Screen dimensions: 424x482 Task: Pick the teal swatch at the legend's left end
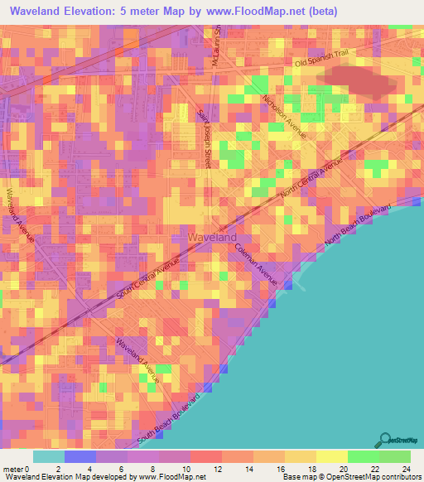coord(49,457)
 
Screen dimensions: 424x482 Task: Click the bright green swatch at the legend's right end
coord(394,457)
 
